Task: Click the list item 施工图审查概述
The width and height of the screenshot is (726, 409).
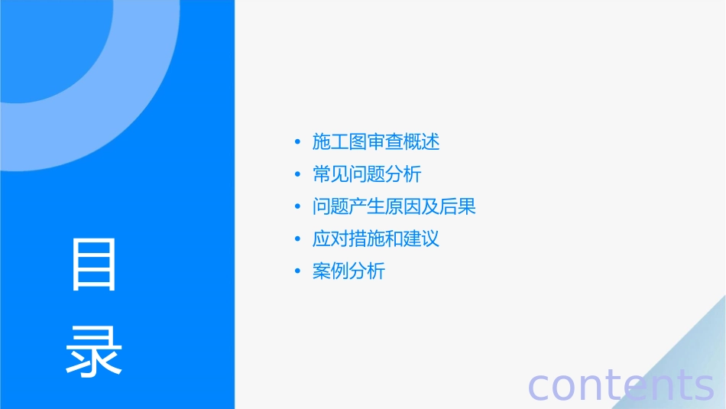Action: [376, 142]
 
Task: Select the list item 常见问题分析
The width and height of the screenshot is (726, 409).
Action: [367, 174]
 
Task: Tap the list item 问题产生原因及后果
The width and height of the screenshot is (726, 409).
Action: [394, 206]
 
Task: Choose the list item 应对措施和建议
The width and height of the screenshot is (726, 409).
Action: [376, 239]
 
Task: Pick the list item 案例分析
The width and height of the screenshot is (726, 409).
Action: [348, 271]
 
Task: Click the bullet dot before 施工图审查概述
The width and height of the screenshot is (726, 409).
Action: [297, 143]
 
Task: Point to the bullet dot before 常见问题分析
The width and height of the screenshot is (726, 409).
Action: [297, 175]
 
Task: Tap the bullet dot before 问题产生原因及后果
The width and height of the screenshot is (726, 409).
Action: [297, 207]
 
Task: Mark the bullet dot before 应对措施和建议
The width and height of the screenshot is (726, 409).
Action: [297, 239]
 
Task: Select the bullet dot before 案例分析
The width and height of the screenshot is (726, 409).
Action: [297, 271]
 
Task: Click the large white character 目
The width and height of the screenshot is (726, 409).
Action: [94, 265]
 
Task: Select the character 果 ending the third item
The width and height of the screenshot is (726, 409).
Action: [467, 206]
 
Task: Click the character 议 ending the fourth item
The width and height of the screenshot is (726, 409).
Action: [430, 239]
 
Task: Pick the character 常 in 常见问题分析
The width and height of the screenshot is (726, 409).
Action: [322, 174]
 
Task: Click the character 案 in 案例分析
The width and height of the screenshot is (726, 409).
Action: [322, 271]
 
